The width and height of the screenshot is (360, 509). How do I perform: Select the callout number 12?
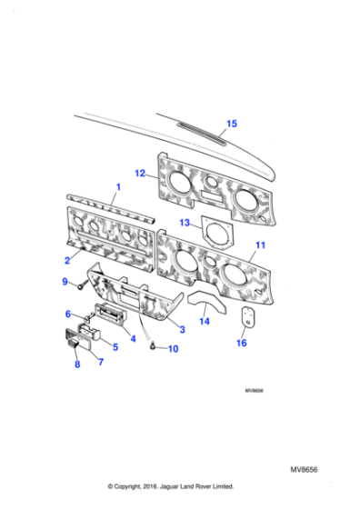point(140,172)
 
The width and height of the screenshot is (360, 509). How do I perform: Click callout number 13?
point(184,222)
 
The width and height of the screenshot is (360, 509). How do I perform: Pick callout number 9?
point(65,283)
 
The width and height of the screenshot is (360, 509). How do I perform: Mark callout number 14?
point(205,320)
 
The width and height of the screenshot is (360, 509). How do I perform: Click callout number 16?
point(241,343)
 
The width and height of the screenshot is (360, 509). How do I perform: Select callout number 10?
point(174,348)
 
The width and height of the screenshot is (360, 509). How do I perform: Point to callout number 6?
point(67,314)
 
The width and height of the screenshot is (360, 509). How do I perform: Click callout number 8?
point(76,364)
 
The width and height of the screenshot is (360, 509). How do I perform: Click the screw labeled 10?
point(154,344)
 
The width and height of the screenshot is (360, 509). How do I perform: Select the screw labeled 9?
point(81,286)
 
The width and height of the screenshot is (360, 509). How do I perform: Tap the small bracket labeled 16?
point(246,316)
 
